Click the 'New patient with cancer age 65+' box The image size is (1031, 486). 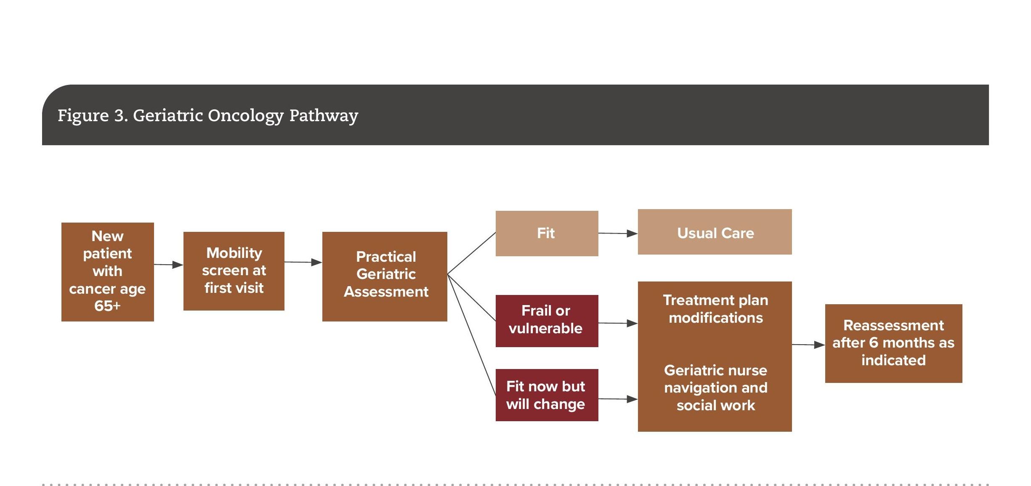[x=108, y=272]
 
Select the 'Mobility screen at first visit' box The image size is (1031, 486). [x=234, y=271]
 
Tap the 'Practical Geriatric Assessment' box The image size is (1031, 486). [x=385, y=276]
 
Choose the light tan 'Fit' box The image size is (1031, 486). [x=547, y=234]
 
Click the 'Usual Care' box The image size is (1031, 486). [x=715, y=232]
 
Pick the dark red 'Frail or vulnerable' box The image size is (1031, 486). [x=547, y=321]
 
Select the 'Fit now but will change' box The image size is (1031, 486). [x=547, y=395]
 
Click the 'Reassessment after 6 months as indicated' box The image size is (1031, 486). [x=893, y=343]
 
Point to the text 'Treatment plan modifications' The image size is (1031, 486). [x=716, y=309]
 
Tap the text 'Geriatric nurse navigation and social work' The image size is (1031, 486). [x=716, y=388]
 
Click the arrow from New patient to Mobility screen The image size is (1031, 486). [x=169, y=265]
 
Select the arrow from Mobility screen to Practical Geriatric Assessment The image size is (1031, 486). [x=303, y=262]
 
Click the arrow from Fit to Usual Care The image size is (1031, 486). [x=618, y=233]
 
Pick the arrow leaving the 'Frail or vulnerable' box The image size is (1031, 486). [x=618, y=323]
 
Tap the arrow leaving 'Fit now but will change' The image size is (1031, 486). [x=618, y=399]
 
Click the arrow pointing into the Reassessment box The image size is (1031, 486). [x=808, y=345]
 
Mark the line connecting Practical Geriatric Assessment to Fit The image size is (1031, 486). [x=471, y=253]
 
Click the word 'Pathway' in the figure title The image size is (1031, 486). [x=324, y=116]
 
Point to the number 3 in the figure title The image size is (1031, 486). [x=120, y=116]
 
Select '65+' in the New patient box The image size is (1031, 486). [x=107, y=306]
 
